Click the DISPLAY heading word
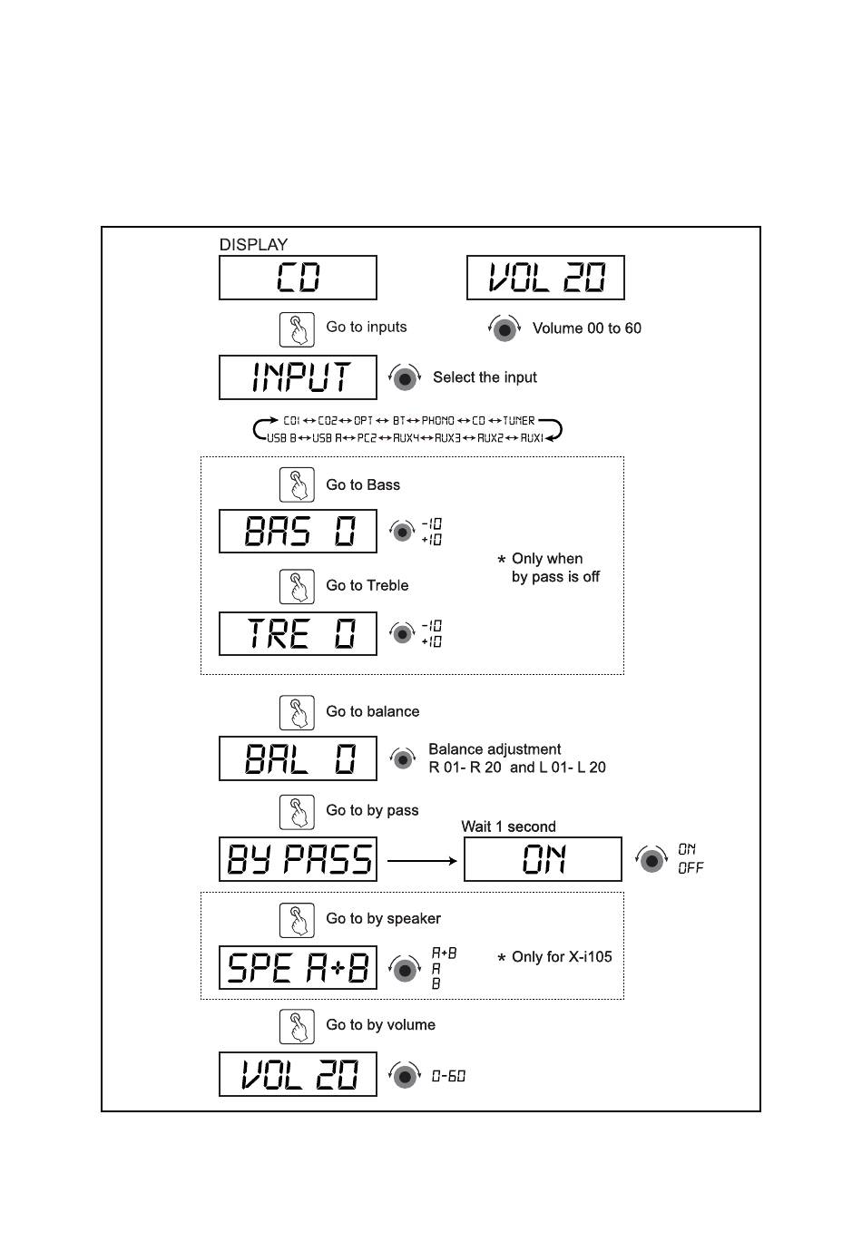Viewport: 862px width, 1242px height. tap(253, 245)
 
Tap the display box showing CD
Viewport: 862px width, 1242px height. tap(298, 278)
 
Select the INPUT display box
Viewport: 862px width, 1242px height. tap(298, 377)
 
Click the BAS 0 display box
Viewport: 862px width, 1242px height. tap(298, 532)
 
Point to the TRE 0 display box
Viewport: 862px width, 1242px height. tap(298, 633)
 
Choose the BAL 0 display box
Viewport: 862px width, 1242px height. tap(298, 758)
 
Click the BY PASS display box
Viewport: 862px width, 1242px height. tap(298, 859)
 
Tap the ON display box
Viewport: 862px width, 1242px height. tap(543, 859)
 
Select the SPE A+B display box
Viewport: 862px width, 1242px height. tap(298, 968)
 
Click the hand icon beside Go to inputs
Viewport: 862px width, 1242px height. tap(297, 328)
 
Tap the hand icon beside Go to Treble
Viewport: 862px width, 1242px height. tap(297, 587)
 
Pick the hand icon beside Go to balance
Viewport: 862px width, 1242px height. tap(297, 713)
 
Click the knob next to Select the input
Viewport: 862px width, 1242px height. tap(405, 377)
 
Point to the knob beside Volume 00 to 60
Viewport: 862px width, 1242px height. tap(504, 328)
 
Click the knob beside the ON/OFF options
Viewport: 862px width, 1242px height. tap(651, 859)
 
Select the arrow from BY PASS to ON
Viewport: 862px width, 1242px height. tap(422, 860)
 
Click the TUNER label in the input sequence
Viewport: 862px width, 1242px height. tap(519, 421)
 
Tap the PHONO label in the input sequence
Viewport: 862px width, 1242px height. tap(437, 421)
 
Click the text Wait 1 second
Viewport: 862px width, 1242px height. tap(508, 826)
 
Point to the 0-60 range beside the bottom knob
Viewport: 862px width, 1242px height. tap(448, 1076)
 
